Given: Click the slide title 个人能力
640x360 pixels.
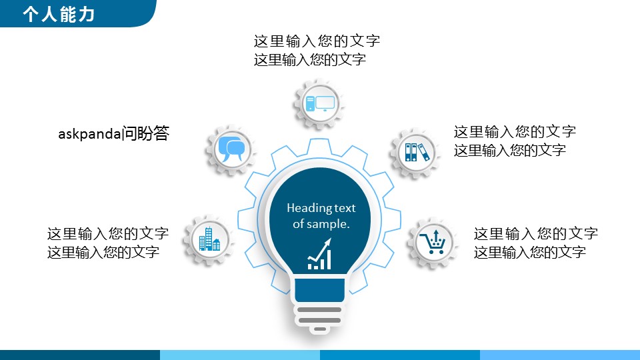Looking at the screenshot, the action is pyautogui.click(x=59, y=14).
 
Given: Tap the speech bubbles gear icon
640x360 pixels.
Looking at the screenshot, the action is pyautogui.click(x=231, y=150).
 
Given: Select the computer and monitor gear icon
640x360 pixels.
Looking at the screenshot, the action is pyautogui.click(x=319, y=104).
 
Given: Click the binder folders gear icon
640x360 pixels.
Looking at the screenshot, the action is pyautogui.click(x=416, y=153).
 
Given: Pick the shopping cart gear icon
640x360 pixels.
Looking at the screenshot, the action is pyautogui.click(x=433, y=243).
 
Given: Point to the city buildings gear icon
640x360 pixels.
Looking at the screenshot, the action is pyautogui.click(x=209, y=240).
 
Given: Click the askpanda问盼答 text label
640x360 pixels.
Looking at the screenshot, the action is pyautogui.click(x=113, y=133).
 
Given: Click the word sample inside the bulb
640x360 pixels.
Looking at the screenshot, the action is pyautogui.click(x=327, y=224).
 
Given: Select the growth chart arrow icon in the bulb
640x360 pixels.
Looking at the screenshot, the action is pyautogui.click(x=319, y=254).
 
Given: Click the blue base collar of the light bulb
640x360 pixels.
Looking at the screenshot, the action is pyautogui.click(x=319, y=290).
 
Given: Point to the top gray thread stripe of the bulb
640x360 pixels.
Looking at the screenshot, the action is pyautogui.click(x=319, y=310).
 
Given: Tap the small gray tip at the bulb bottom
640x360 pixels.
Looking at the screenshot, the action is pyautogui.click(x=320, y=329).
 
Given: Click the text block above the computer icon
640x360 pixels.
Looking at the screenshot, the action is pyautogui.click(x=317, y=50).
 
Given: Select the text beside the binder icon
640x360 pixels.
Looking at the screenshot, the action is pyautogui.click(x=515, y=141).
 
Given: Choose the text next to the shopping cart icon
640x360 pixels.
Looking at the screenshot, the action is pyautogui.click(x=535, y=243).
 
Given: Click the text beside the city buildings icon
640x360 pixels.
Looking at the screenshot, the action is pyautogui.click(x=108, y=243).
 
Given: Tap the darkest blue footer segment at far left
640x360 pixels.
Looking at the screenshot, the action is pyautogui.click(x=80, y=355).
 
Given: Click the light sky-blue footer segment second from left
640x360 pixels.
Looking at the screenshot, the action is pyautogui.click(x=240, y=355).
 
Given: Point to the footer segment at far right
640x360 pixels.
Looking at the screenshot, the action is pyautogui.click(x=560, y=355).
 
